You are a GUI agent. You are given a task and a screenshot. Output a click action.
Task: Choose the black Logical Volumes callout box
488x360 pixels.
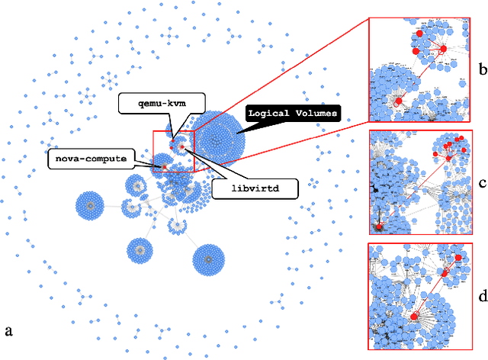(291, 113)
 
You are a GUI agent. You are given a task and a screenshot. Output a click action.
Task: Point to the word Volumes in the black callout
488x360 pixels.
(313, 113)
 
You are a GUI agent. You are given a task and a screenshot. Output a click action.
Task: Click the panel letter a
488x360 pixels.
(9, 330)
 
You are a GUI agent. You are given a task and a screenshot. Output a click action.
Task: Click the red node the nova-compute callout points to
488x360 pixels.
(164, 166)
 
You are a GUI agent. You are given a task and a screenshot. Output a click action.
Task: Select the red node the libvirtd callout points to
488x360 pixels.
(183, 146)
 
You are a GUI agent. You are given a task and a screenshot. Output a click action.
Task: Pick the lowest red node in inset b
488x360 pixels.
(398, 101)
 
